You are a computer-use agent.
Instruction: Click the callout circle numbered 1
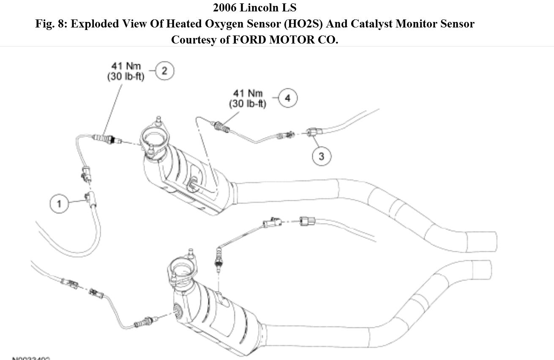click(59, 203)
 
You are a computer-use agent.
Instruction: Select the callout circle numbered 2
click(164, 71)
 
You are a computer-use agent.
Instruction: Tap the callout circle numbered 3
click(321, 156)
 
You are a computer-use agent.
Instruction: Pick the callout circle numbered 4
click(287, 98)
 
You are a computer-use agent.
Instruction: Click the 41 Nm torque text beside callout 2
click(126, 66)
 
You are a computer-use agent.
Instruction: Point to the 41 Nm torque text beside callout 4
click(248, 93)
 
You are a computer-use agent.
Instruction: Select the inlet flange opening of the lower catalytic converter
click(183, 269)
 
